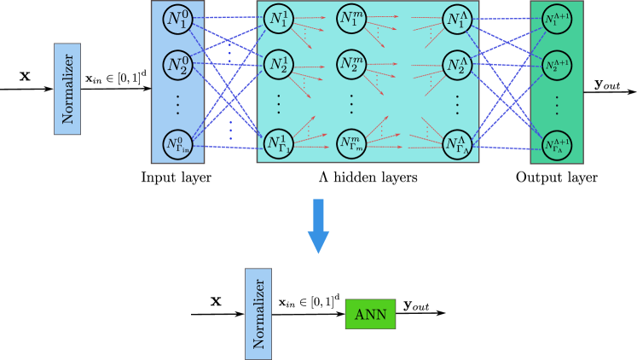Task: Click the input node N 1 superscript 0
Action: point(177,19)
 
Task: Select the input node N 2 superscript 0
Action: point(177,64)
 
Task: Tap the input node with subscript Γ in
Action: point(177,145)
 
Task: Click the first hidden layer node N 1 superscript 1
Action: point(278,19)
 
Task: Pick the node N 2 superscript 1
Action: point(278,64)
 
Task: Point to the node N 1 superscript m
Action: point(350,19)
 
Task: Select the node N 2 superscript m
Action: point(350,64)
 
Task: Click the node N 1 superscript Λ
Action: point(457,19)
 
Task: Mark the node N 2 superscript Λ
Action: point(457,64)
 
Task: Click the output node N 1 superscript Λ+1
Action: point(557,19)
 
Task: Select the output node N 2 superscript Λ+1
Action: point(557,64)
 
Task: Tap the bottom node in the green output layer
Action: point(557,145)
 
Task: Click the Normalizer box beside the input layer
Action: point(67,89)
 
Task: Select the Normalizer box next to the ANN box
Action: point(258,313)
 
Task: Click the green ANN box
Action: point(370,314)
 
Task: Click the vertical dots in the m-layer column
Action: point(350,104)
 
